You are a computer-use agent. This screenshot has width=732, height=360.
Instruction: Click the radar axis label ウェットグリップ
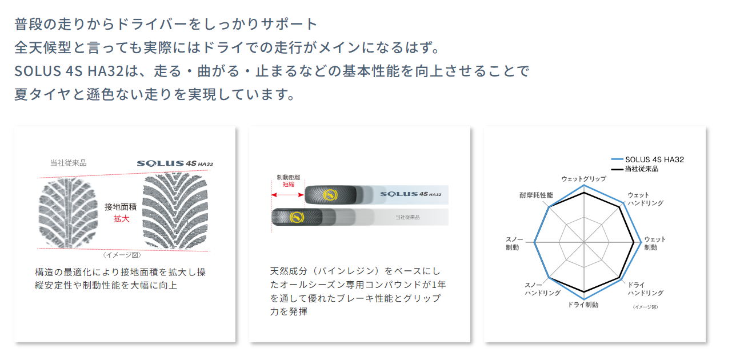pyautogui.click(x=583, y=179)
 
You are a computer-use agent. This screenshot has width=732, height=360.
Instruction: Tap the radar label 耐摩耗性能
pyautogui.click(x=536, y=195)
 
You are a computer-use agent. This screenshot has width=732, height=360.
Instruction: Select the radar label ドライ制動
pyautogui.click(x=583, y=305)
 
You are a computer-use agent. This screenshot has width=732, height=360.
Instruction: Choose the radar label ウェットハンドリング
pyautogui.click(x=645, y=199)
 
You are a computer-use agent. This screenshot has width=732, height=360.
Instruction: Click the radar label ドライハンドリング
pyautogui.click(x=645, y=289)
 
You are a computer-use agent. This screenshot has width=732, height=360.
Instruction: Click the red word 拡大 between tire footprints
pyautogui.click(x=121, y=218)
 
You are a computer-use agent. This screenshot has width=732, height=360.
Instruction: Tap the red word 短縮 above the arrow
pyautogui.click(x=289, y=185)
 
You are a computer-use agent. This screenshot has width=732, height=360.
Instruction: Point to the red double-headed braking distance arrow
pyautogui.click(x=288, y=195)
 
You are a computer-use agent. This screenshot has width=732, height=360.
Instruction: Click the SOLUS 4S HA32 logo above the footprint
pyautogui.click(x=175, y=163)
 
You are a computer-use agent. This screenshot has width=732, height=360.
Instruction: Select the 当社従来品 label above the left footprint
pyautogui.click(x=68, y=163)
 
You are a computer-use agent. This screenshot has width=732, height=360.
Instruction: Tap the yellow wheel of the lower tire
pyautogui.click(x=296, y=217)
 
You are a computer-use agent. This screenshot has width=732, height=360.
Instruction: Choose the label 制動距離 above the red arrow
pyautogui.click(x=289, y=177)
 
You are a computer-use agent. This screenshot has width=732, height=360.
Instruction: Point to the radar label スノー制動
pyautogui.click(x=513, y=243)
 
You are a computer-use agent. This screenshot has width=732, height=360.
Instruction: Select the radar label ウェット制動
pyautogui.click(x=654, y=243)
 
